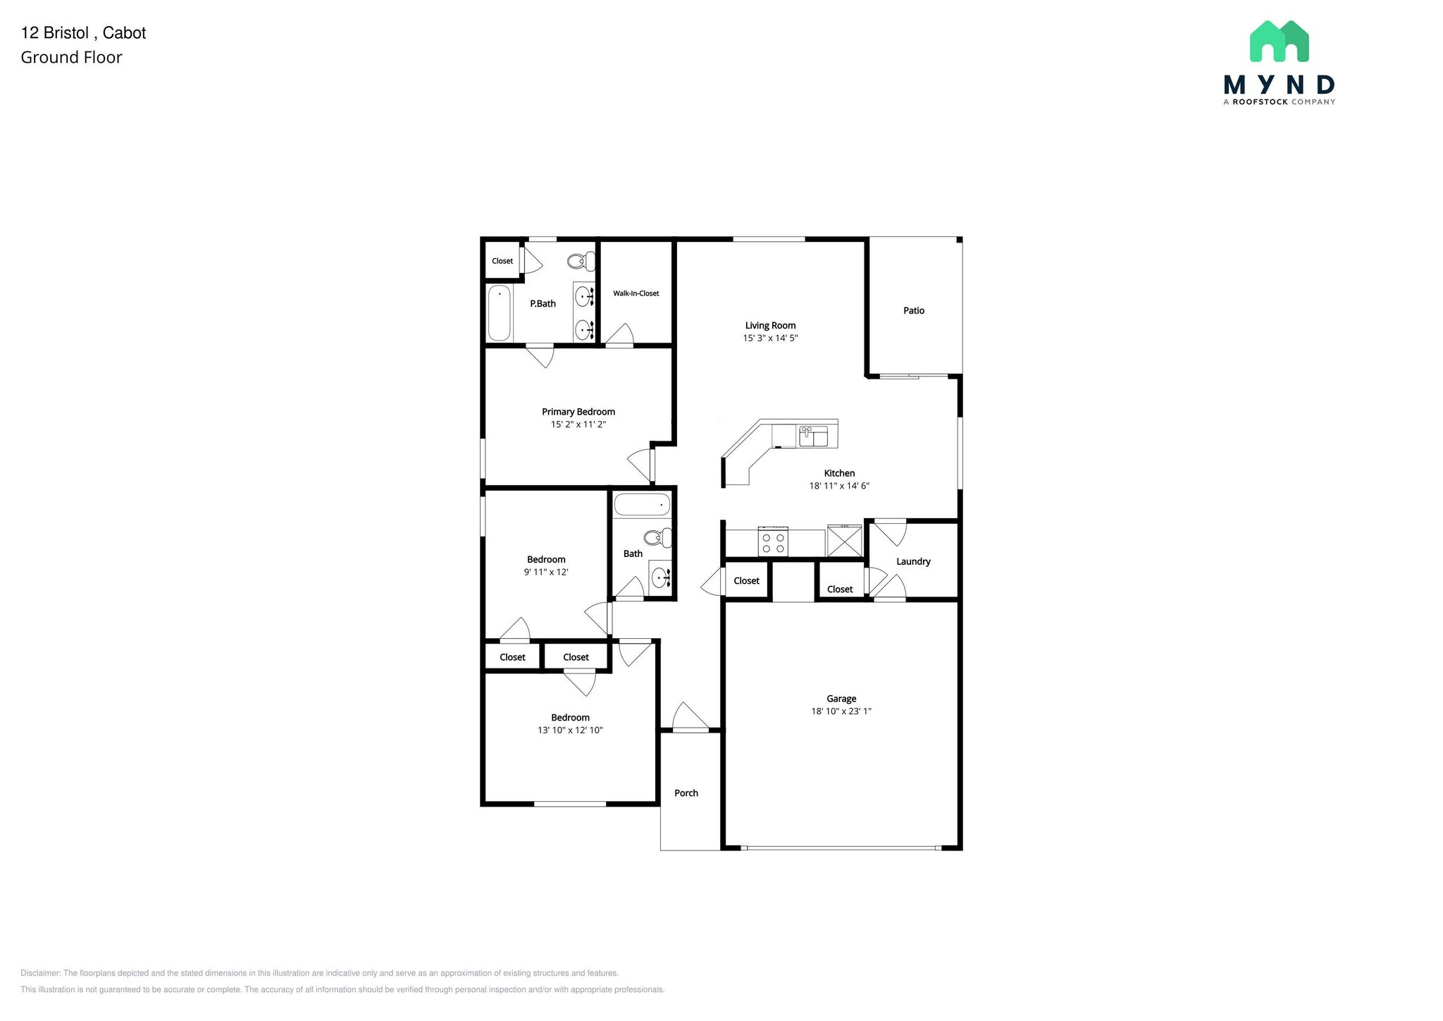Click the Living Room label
(770, 325)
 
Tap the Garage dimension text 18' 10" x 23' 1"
(841, 711)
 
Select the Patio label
(913, 310)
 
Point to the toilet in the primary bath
(580, 262)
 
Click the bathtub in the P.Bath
(499, 312)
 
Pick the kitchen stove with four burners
(772, 542)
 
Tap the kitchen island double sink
(813, 436)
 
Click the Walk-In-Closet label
(636, 293)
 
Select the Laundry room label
(913, 561)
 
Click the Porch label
(686, 793)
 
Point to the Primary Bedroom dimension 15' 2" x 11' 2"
(578, 424)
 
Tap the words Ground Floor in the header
(71, 57)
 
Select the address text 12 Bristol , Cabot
(83, 32)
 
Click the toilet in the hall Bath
(659, 538)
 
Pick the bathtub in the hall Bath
(642, 505)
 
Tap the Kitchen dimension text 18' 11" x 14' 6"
(838, 486)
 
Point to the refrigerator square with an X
(844, 541)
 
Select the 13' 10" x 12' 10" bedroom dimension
(570, 730)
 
